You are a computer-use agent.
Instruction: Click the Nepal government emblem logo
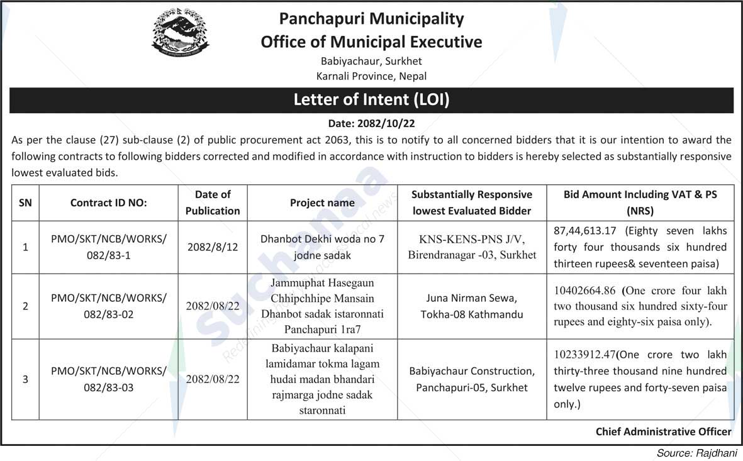(x=181, y=31)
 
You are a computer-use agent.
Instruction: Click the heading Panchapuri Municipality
(x=371, y=19)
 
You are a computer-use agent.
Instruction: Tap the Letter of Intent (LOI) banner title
(x=371, y=100)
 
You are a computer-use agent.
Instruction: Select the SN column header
(x=25, y=203)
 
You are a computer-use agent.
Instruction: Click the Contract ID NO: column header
(x=108, y=203)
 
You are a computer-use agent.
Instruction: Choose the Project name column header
(x=322, y=203)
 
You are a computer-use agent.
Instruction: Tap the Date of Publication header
(x=213, y=203)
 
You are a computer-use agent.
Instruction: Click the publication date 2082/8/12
(x=213, y=247)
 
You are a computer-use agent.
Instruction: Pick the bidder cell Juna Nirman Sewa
(x=472, y=306)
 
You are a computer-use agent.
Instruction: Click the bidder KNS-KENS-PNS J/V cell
(x=472, y=247)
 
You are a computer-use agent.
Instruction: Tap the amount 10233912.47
(x=585, y=355)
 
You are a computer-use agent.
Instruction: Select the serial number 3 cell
(x=25, y=379)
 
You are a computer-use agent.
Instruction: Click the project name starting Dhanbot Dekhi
(x=322, y=247)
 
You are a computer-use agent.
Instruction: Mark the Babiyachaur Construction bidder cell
(x=472, y=379)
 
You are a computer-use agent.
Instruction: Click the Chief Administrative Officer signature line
(x=663, y=431)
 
